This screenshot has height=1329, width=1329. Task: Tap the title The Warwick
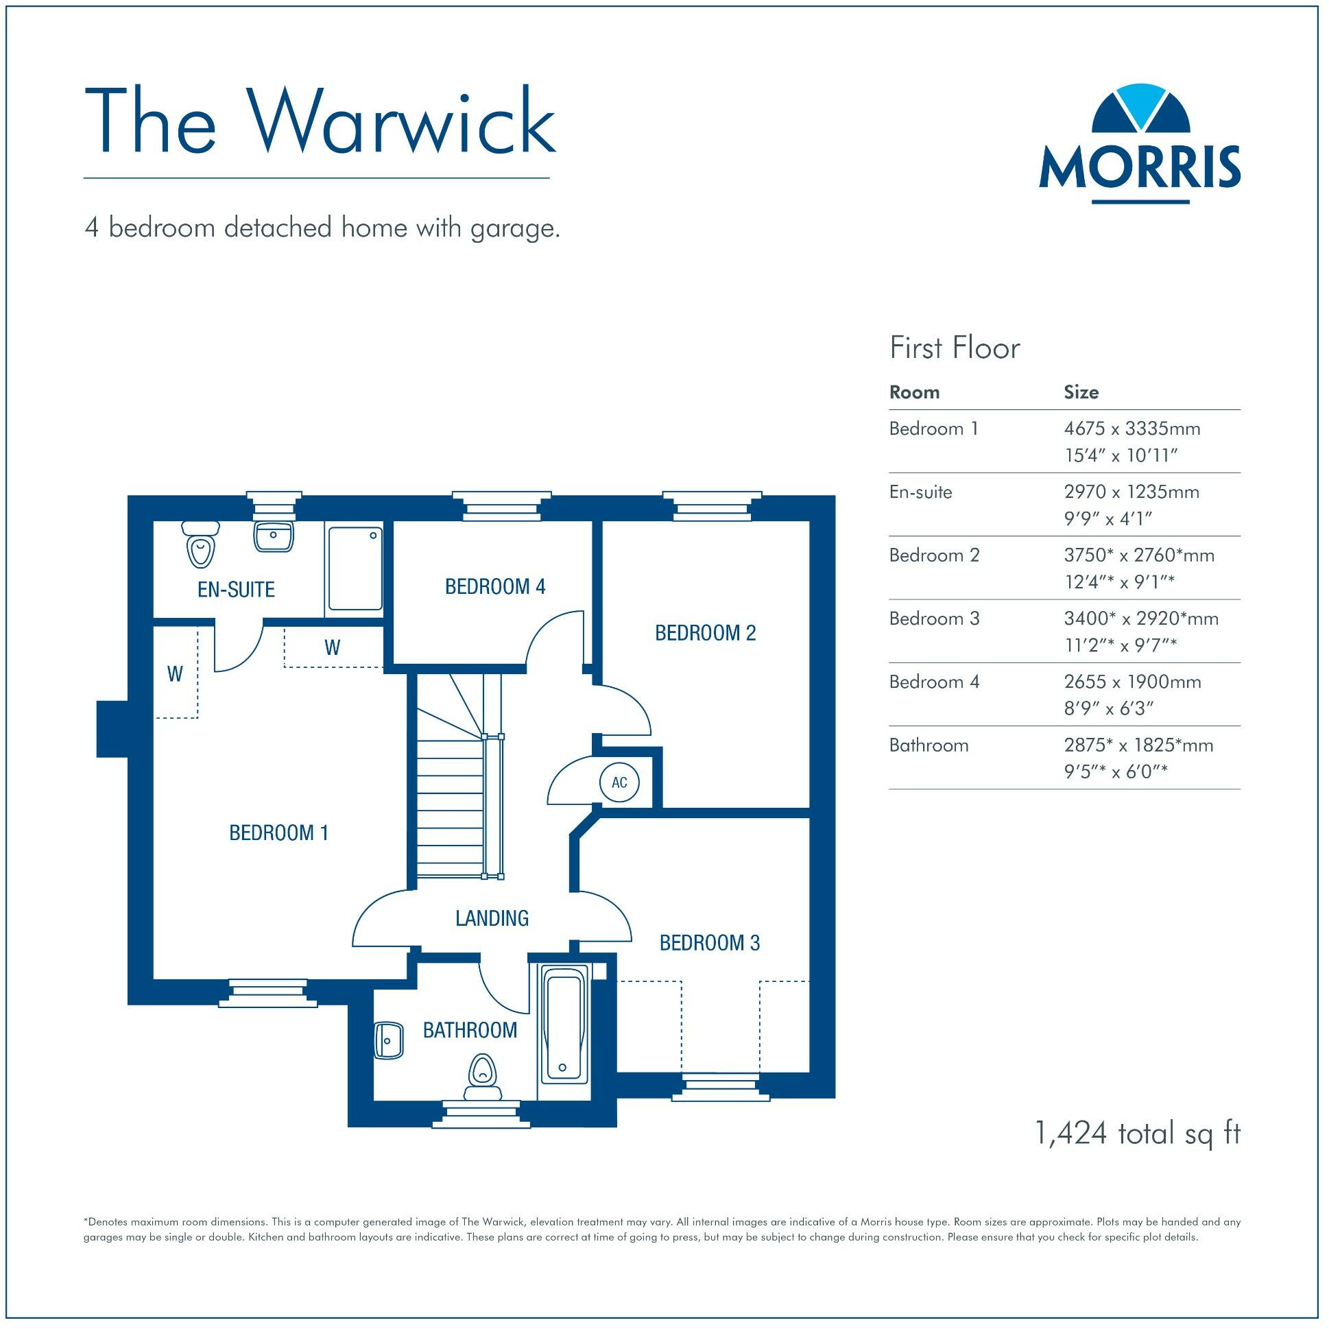click(320, 122)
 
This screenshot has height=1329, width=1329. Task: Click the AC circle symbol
click(619, 782)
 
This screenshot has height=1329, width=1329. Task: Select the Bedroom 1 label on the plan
click(278, 833)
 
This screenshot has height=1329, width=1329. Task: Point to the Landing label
click(492, 918)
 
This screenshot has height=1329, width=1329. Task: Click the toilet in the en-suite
click(201, 544)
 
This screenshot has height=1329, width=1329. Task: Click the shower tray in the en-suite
click(355, 569)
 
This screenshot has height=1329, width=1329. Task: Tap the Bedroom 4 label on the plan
click(494, 587)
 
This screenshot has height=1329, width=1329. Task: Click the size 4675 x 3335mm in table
click(1132, 429)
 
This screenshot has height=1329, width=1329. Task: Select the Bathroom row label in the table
click(929, 745)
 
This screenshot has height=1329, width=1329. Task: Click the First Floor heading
click(954, 348)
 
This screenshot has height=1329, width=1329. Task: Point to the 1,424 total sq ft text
click(1137, 1133)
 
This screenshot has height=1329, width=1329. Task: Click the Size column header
click(1081, 392)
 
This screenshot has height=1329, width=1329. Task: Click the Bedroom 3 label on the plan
click(709, 942)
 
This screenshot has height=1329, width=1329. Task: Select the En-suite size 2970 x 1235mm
click(1131, 492)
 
